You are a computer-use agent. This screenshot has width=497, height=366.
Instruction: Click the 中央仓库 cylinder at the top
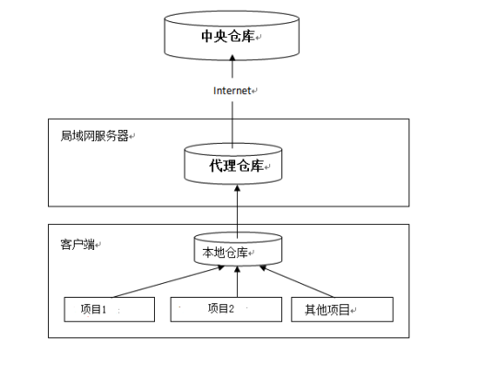pos(233,36)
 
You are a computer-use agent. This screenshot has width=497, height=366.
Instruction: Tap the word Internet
pos(231,90)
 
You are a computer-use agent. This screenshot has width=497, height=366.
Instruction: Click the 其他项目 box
pos(341,310)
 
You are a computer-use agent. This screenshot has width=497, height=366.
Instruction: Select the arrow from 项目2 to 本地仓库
pos(237,280)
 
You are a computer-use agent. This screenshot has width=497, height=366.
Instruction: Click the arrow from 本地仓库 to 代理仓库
pos(237,207)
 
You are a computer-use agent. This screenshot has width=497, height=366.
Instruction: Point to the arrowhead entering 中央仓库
pos(233,59)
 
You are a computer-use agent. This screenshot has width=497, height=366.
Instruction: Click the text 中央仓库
pos(228,37)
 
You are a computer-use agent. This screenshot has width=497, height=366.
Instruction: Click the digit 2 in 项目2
pos(231,310)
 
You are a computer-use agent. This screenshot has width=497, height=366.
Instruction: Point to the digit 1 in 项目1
pos(105,310)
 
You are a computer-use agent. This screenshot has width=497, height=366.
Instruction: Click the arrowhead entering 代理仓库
pos(237,185)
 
